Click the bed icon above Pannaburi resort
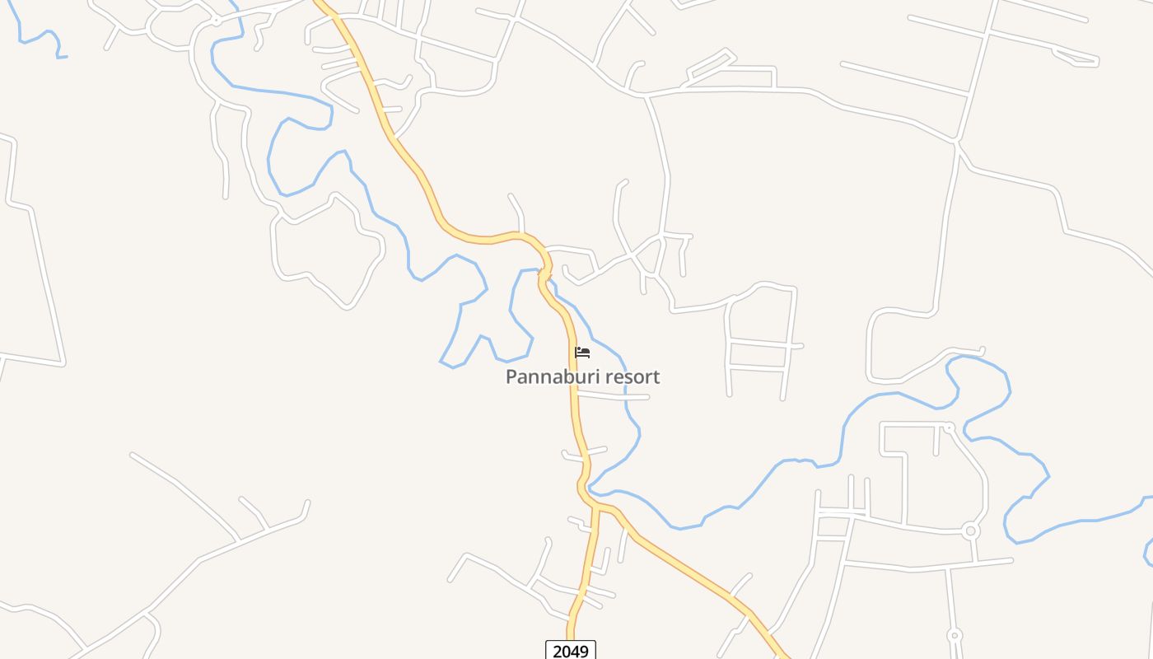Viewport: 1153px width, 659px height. tap(582, 353)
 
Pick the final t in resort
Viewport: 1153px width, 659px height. tap(656, 377)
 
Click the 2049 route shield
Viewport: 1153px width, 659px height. tap(571, 651)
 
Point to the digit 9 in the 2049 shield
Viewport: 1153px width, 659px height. tap(584, 652)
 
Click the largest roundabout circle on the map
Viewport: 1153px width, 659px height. tap(971, 530)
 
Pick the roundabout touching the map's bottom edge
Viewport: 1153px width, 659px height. tap(955, 635)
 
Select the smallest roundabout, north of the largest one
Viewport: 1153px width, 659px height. tap(949, 428)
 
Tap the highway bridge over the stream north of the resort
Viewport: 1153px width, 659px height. tap(544, 273)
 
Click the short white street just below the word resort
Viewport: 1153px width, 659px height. tap(614, 397)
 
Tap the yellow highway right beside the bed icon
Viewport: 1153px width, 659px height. tap(572, 353)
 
